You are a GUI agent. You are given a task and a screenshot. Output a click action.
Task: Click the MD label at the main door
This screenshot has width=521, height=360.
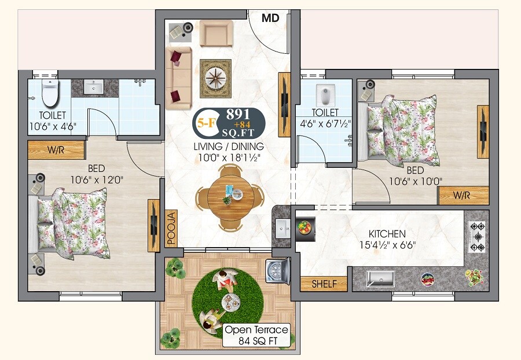[270, 18]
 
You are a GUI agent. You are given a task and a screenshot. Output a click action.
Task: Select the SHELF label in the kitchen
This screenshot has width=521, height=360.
[324, 284]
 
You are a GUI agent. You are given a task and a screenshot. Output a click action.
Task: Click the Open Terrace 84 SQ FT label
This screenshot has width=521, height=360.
[256, 335]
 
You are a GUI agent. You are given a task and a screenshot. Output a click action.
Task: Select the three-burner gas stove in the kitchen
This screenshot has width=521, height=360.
[477, 237]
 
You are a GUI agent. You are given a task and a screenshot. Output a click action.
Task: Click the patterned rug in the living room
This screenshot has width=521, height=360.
[216, 78]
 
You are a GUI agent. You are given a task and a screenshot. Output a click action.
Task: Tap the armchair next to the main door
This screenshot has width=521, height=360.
[216, 33]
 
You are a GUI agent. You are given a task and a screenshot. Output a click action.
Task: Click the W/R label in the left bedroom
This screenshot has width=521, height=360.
[56, 151]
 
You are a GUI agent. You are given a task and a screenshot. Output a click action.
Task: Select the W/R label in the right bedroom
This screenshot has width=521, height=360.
[462, 195]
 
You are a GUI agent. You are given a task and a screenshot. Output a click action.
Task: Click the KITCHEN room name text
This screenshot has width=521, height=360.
[387, 234]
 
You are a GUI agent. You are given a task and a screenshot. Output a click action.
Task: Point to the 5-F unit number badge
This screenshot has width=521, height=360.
[204, 123]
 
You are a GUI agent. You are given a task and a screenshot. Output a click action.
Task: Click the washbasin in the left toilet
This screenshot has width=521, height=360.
[94, 87]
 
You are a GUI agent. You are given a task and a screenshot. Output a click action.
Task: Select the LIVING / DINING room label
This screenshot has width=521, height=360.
[229, 146]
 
